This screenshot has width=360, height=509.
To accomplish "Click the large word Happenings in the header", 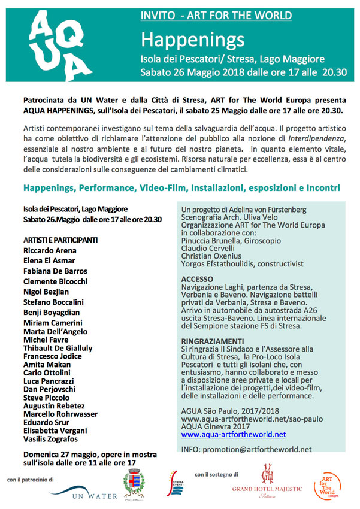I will tap(192, 40).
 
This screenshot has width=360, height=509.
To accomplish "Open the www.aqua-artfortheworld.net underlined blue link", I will tap(233, 434).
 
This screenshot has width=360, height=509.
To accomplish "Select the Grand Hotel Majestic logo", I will tap(267, 483).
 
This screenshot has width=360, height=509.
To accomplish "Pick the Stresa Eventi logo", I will tap(176, 483).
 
